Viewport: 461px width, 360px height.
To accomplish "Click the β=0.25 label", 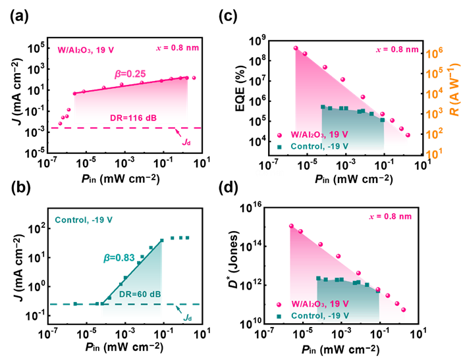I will (x=130, y=74).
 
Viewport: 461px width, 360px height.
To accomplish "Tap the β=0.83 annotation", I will (x=119, y=258).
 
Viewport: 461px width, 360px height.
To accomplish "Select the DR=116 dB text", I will (x=133, y=118).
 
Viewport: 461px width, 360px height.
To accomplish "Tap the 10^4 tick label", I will (x=435, y=94).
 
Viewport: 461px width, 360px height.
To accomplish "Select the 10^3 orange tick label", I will (x=435, y=114).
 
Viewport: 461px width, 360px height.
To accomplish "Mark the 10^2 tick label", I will (x=435, y=134).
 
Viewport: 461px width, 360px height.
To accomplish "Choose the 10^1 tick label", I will (x=435, y=154).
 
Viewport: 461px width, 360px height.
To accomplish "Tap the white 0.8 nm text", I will (x=269, y=173).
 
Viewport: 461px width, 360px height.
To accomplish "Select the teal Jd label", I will (x=188, y=317).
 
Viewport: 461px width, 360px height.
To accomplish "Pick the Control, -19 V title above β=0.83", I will (x=84, y=220).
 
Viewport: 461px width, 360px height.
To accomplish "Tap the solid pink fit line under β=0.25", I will (x=132, y=85).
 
